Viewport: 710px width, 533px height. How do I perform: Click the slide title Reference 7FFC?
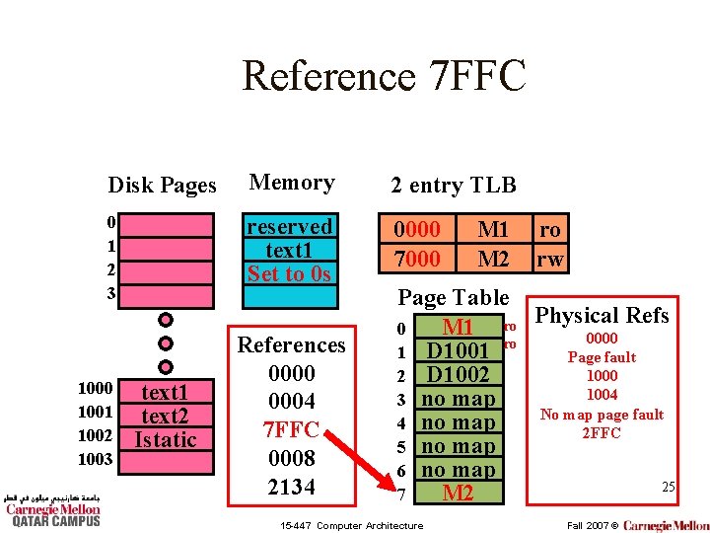385,75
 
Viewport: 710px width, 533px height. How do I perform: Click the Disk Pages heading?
162,186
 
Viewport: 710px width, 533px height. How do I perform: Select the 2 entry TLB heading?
453,185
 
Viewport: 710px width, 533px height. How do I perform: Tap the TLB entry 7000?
416,258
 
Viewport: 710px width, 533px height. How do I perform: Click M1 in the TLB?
492,230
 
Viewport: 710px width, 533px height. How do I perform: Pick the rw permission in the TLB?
549,258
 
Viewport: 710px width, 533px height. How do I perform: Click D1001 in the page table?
458,350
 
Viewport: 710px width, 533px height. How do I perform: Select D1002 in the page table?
458,375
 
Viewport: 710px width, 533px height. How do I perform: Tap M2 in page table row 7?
458,494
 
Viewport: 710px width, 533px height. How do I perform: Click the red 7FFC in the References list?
292,430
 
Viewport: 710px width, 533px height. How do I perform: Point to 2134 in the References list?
292,487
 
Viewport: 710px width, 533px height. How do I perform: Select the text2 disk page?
165,416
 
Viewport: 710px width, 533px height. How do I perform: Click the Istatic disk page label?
165,439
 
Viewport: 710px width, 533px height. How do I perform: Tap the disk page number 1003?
97,459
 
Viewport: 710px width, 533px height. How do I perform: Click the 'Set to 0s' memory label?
290,274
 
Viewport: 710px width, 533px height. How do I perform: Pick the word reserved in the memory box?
290,227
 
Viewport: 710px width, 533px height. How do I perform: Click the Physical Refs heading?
602,316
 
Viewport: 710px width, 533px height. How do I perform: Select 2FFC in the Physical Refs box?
602,433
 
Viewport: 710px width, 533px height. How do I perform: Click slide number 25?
668,487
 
